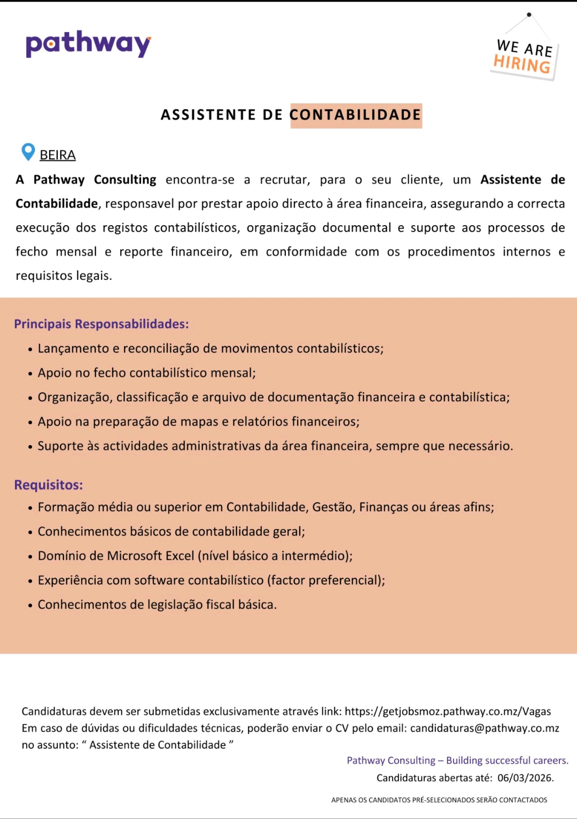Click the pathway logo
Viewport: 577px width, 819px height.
coord(88,44)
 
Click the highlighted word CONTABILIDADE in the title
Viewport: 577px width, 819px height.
coord(356,115)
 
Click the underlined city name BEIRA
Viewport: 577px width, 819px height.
coord(58,155)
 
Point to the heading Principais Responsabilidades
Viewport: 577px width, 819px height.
coord(102,324)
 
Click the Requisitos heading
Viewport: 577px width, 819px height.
coord(49,485)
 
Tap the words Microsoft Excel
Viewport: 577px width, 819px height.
coord(151,556)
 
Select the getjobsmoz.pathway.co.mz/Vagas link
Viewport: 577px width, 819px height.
coord(448,711)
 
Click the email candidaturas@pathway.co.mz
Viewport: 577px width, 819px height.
coord(485,729)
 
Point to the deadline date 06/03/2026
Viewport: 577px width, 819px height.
coord(526,778)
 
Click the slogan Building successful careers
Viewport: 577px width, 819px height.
coord(507,761)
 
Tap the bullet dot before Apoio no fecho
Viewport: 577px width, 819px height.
coord(30,373)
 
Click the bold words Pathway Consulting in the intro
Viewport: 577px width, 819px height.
coord(95,180)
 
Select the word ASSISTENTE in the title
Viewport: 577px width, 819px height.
coord(208,115)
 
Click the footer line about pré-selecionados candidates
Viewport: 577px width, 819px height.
coord(439,800)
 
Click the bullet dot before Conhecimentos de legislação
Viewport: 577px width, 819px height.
coord(30,606)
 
